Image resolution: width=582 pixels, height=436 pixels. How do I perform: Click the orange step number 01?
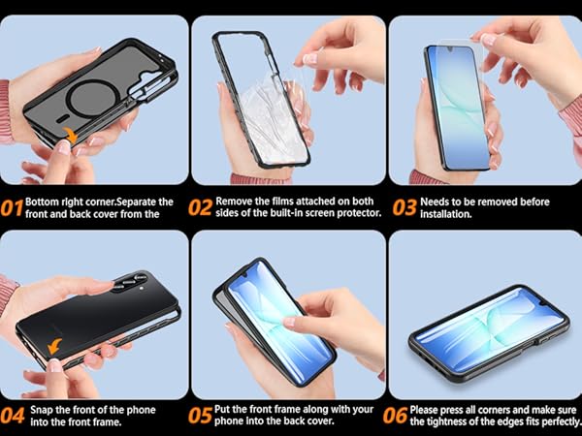coord(12,208)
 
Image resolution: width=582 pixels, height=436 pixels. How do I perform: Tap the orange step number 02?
coord(201,207)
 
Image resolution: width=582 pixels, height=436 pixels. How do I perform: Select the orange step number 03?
coord(404,208)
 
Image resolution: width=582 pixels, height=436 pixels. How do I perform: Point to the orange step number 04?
coord(13,416)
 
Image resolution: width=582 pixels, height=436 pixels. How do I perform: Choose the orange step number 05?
coord(201,416)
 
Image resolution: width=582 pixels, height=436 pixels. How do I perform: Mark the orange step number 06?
coord(396,416)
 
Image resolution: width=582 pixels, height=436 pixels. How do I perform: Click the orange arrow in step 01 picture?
coord(70,135)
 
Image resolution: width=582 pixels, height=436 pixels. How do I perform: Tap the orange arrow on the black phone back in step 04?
coord(55,346)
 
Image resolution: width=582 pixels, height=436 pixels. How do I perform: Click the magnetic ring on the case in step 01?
coord(93,99)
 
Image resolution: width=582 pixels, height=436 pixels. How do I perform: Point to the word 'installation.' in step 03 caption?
coord(446,214)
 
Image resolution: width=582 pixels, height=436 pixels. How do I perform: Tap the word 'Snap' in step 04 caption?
coord(42,410)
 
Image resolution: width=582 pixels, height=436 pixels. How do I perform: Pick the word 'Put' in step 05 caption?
coord(222,409)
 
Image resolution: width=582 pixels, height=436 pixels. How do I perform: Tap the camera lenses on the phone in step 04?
coord(130,282)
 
